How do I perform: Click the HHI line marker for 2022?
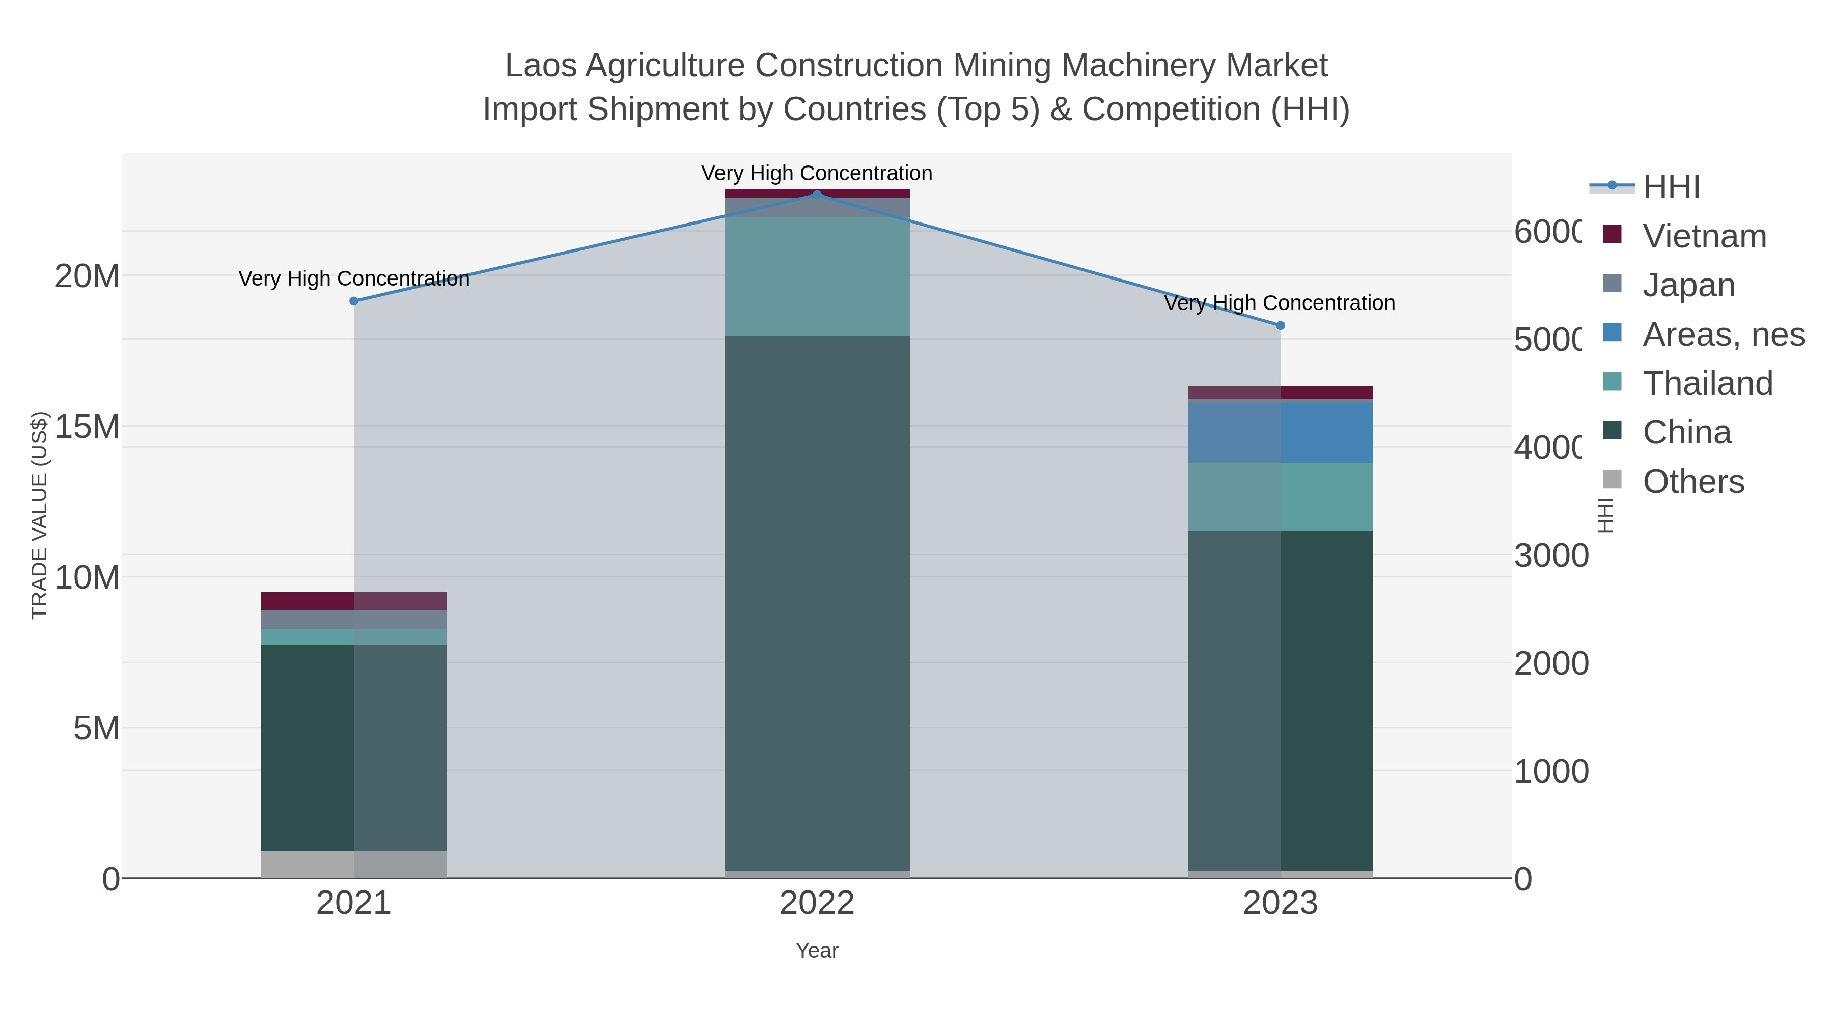pyautogui.click(x=817, y=194)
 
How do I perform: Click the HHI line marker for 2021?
pyautogui.click(x=354, y=301)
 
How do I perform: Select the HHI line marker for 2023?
pyautogui.click(x=1280, y=325)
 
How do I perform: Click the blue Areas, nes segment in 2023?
pyautogui.click(x=1280, y=433)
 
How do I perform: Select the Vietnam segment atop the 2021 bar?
pyautogui.click(x=354, y=601)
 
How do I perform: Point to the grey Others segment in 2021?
pyautogui.click(x=354, y=864)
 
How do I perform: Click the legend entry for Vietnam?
pyautogui.click(x=1704, y=236)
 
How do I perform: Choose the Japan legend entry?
pyautogui.click(x=1688, y=285)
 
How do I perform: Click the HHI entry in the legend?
pyautogui.click(x=1670, y=187)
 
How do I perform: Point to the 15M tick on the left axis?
pyautogui.click(x=87, y=427)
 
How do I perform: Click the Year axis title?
pyautogui.click(x=817, y=951)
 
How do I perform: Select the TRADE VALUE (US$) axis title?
pyautogui.click(x=39, y=515)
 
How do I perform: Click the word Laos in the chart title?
pyautogui.click(x=540, y=66)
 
